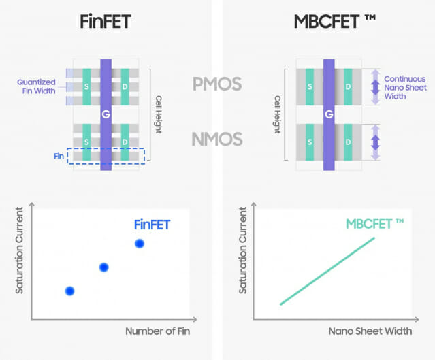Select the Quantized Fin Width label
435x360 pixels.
(x=37, y=87)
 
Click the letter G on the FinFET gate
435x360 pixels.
(x=106, y=114)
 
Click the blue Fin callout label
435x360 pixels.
(x=60, y=156)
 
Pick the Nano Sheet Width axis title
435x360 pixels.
(x=370, y=331)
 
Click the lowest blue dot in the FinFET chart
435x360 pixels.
(x=69, y=291)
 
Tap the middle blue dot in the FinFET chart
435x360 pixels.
(x=103, y=267)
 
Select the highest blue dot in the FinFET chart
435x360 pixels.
(x=140, y=243)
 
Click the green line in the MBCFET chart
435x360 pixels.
(x=327, y=271)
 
